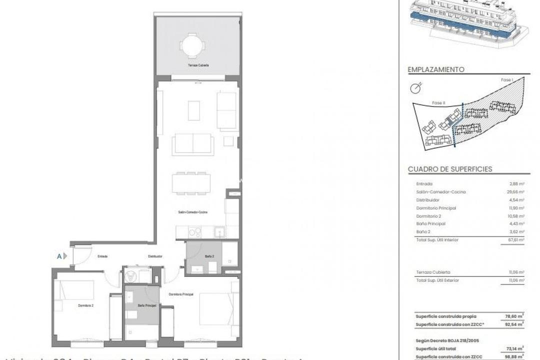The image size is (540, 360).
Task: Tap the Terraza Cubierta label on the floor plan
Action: pyautogui.click(x=198, y=65)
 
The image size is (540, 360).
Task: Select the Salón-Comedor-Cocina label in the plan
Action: pyautogui.click(x=192, y=212)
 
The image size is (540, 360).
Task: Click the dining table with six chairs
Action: pyautogui.click(x=191, y=183)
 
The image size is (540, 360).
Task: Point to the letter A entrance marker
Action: pyautogui.click(x=59, y=256)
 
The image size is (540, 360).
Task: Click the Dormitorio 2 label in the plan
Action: pyautogui.click(x=86, y=305)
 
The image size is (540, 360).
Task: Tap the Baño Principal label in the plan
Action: pyautogui.click(x=147, y=305)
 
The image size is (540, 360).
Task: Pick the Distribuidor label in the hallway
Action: pyautogui.click(x=155, y=256)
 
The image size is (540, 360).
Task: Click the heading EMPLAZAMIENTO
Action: pyautogui.click(x=436, y=70)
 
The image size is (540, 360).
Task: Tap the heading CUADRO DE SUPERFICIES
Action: pyautogui.click(x=450, y=169)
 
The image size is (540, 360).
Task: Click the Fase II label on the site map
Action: pyautogui.click(x=438, y=103)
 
